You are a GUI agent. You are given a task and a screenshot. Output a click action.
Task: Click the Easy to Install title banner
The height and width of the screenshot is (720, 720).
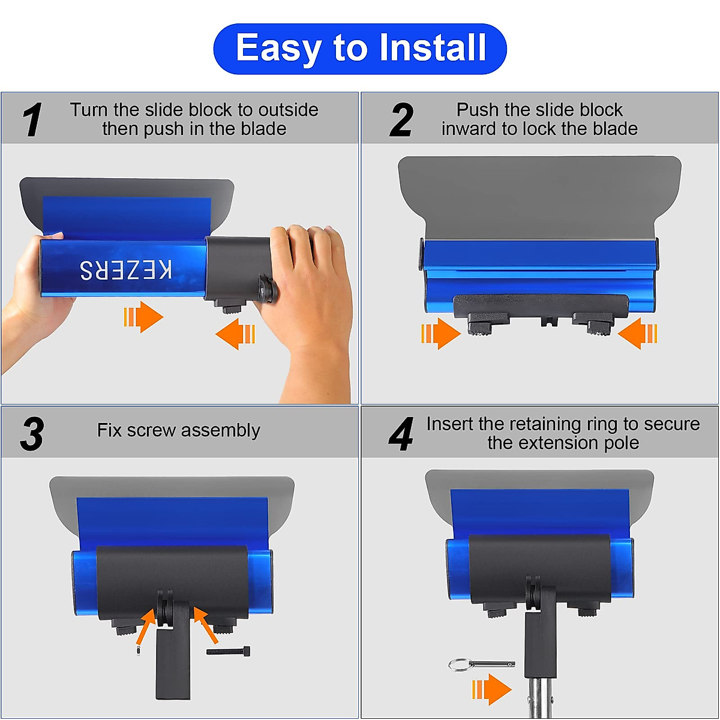click(x=360, y=49)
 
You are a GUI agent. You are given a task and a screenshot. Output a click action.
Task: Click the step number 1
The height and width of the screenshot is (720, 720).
click(x=32, y=119)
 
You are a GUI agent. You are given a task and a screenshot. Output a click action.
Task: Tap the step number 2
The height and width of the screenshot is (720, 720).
click(x=401, y=119)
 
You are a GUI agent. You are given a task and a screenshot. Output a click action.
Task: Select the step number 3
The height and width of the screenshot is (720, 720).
click(x=32, y=434)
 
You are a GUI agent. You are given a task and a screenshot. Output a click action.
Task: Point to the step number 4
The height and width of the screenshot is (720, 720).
click(x=401, y=434)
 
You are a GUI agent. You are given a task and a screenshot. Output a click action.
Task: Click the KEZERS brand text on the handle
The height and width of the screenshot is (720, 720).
click(x=126, y=270)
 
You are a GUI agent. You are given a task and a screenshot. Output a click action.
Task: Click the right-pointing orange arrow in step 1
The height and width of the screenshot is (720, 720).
click(x=143, y=317)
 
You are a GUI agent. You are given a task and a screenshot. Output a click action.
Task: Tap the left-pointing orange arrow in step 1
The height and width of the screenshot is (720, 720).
click(x=235, y=334)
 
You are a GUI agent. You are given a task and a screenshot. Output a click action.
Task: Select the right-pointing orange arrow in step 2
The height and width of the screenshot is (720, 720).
click(x=440, y=333)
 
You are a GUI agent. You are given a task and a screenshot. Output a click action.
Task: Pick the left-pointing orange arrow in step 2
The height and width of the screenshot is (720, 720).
click(x=637, y=333)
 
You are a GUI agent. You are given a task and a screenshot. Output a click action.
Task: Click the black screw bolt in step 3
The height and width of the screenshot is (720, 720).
click(x=229, y=651)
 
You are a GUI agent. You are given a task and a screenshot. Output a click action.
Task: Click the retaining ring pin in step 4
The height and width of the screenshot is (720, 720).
click(x=480, y=664)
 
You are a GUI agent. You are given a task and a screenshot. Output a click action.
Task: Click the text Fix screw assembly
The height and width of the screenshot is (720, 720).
click(x=178, y=430)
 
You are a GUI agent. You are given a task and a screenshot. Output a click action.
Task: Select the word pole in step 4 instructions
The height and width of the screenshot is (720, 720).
click(x=621, y=443)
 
